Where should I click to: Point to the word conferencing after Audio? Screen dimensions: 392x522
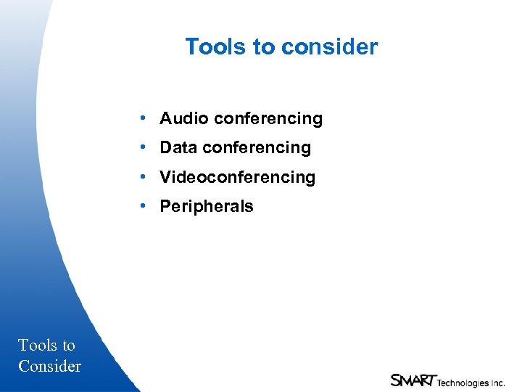click(x=268, y=118)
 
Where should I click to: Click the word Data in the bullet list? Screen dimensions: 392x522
click(x=179, y=148)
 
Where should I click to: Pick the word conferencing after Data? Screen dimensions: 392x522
click(x=257, y=148)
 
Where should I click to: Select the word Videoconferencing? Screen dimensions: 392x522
click(x=238, y=177)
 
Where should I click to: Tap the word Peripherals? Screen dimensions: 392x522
click(x=207, y=207)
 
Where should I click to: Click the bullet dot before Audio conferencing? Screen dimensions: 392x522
click(x=146, y=118)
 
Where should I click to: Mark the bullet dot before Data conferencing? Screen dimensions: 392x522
click(x=146, y=147)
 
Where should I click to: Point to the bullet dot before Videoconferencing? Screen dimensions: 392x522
click(x=146, y=176)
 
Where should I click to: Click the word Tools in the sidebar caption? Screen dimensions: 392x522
click(x=37, y=346)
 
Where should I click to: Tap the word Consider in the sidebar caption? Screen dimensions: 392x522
click(x=50, y=366)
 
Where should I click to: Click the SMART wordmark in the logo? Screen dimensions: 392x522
click(x=413, y=380)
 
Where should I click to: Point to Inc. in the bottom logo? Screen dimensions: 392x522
click(x=497, y=383)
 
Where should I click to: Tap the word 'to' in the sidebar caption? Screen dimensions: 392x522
click(x=68, y=346)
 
